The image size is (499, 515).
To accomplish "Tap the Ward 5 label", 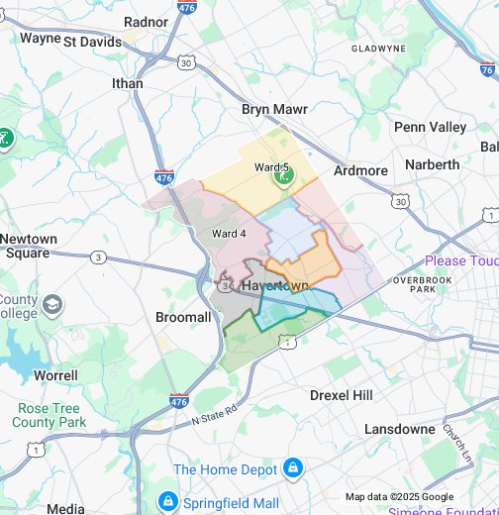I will pyautogui.click(x=271, y=167).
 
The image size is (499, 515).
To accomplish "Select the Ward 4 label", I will pyautogui.click(x=229, y=234).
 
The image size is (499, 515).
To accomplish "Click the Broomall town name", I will pyautogui.click(x=183, y=317).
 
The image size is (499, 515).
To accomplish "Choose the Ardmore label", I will pyautogui.click(x=360, y=170).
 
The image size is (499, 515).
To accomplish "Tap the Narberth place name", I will pyautogui.click(x=433, y=164).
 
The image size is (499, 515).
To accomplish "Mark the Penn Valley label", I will pyautogui.click(x=430, y=127).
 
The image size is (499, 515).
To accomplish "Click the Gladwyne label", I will pyautogui.click(x=378, y=48).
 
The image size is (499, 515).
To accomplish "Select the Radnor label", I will pyautogui.click(x=147, y=22).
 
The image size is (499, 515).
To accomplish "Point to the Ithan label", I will pyautogui.click(x=128, y=84).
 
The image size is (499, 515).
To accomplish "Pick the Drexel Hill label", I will pyautogui.click(x=341, y=395).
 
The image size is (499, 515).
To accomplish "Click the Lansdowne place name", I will pyautogui.click(x=399, y=429).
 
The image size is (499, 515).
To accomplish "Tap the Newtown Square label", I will pyautogui.click(x=29, y=246).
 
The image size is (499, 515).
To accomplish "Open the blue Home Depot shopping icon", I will pyautogui.click(x=292, y=467).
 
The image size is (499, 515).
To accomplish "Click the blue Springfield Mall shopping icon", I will pyautogui.click(x=167, y=501).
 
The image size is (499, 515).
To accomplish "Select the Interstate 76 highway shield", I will pyautogui.click(x=487, y=70).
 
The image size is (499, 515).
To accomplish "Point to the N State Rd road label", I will pyautogui.click(x=215, y=408).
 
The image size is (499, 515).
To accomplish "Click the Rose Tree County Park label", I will pyautogui.click(x=51, y=415).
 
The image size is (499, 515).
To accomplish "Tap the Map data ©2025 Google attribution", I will pyautogui.click(x=399, y=497).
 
